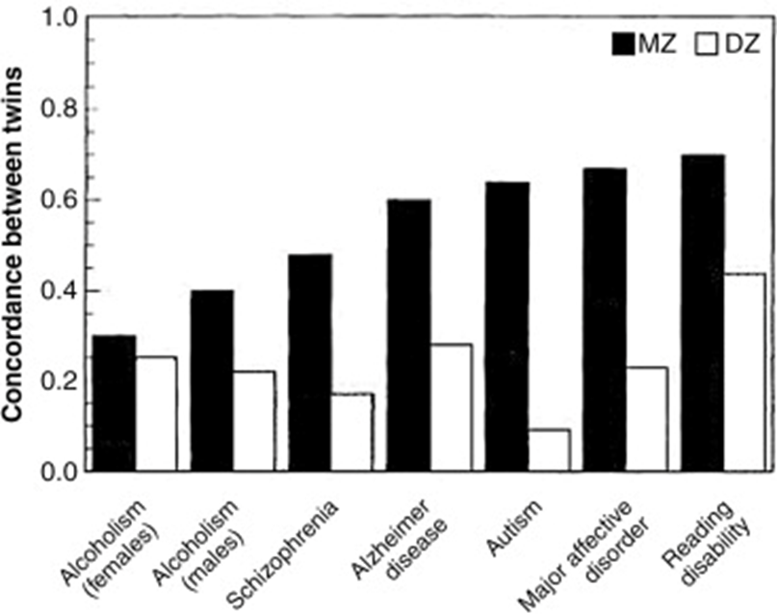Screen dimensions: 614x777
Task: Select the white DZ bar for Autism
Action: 549,450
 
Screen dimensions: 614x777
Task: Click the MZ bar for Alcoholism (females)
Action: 114,403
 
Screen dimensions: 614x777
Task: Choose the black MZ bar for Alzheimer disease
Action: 408,335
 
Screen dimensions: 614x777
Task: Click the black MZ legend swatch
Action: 632,43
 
